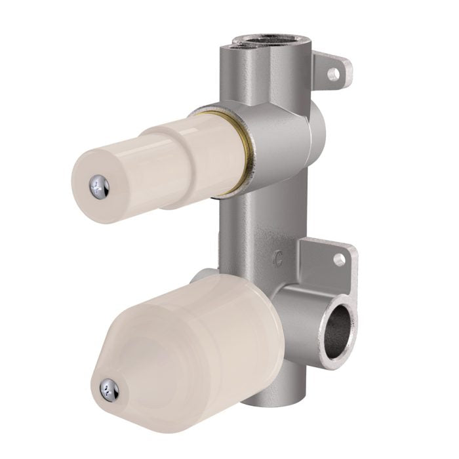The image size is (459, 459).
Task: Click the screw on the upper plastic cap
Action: pos(100,187)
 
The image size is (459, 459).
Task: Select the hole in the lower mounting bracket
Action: pos(339,260)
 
